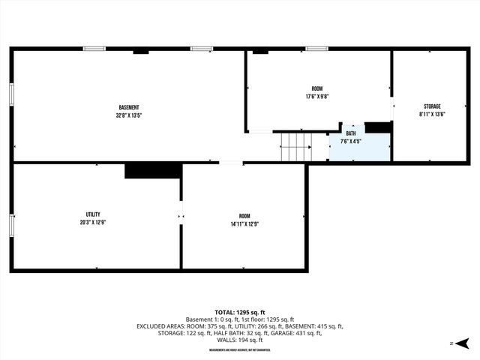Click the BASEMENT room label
pyautogui.click(x=129, y=107)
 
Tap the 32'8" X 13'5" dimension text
pyautogui.click(x=129, y=115)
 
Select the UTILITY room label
pyautogui.click(x=93, y=214)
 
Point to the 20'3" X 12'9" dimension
pyautogui.click(x=93, y=223)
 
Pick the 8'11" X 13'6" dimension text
pyautogui.click(x=431, y=114)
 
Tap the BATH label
pyautogui.click(x=351, y=133)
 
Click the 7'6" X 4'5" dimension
pyautogui.click(x=351, y=140)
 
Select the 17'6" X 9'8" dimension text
pyautogui.click(x=318, y=97)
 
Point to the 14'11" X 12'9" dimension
pyautogui.click(x=244, y=223)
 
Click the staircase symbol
pyautogui.click(x=295, y=146)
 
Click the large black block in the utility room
pyautogui.click(x=153, y=171)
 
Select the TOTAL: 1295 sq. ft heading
pyautogui.click(x=240, y=312)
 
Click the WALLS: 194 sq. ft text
pyautogui.click(x=240, y=340)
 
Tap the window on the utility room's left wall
pyautogui.click(x=11, y=225)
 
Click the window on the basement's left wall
pyautogui.click(x=11, y=95)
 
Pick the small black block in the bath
pyautogui.click(x=377, y=127)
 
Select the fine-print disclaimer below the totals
pyautogui.click(x=240, y=349)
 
